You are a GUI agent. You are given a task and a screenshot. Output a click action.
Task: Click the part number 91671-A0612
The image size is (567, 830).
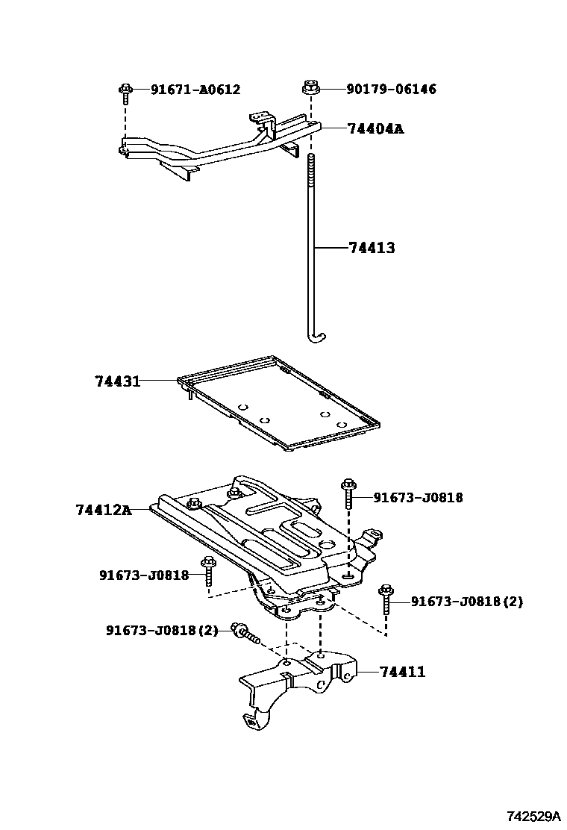click(x=195, y=90)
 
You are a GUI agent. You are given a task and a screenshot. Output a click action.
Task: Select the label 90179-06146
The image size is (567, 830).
click(x=391, y=90)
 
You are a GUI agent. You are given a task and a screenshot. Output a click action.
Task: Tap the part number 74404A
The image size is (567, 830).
click(x=375, y=128)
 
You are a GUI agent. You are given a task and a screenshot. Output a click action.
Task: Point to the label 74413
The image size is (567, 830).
click(x=372, y=248)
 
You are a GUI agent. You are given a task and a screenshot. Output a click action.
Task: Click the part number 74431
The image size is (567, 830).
click(x=118, y=381)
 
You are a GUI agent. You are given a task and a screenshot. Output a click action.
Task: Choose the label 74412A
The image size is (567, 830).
click(x=103, y=510)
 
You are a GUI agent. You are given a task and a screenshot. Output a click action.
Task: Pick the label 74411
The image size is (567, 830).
click(x=403, y=672)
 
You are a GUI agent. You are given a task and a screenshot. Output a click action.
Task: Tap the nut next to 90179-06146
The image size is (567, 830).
click(x=312, y=88)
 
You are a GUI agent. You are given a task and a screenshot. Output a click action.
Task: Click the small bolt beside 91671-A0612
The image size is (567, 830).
click(x=125, y=93)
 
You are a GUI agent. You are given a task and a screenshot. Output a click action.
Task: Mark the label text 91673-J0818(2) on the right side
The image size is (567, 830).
click(x=467, y=602)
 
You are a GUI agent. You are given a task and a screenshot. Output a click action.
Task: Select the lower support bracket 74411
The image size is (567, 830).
click(x=298, y=683)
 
